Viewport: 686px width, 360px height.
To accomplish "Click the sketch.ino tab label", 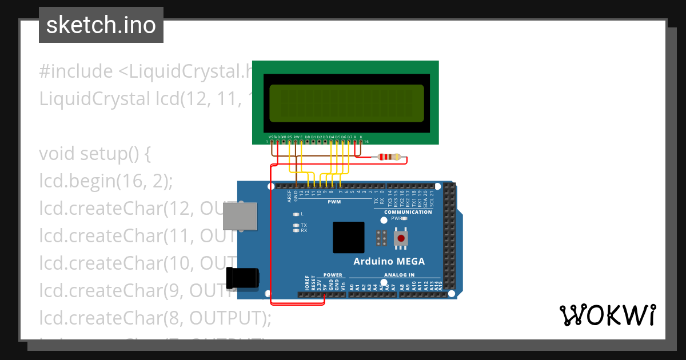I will click(x=101, y=25).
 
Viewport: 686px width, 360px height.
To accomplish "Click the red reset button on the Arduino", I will click(x=401, y=238).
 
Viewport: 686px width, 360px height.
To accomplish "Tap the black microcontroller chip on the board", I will click(x=348, y=238).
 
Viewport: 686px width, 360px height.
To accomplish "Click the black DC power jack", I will click(x=242, y=278).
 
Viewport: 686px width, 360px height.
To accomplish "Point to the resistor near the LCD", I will click(x=389, y=157).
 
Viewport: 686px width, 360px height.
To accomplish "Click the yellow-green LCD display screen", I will click(x=346, y=103).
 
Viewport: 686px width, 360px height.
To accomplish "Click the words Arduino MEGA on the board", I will click(x=389, y=262).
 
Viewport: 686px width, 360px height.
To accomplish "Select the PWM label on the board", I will click(x=334, y=202).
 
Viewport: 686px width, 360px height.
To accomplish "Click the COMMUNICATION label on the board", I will click(x=408, y=212).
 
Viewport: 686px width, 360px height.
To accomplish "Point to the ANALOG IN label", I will click(x=399, y=275).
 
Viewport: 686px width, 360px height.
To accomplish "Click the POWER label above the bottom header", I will click(x=333, y=275).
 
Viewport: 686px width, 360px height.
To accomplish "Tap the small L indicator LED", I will click(x=296, y=214).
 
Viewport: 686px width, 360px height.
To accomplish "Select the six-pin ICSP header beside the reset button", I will click(x=381, y=238).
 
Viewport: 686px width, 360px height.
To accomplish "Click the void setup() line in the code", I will click(x=94, y=154).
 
